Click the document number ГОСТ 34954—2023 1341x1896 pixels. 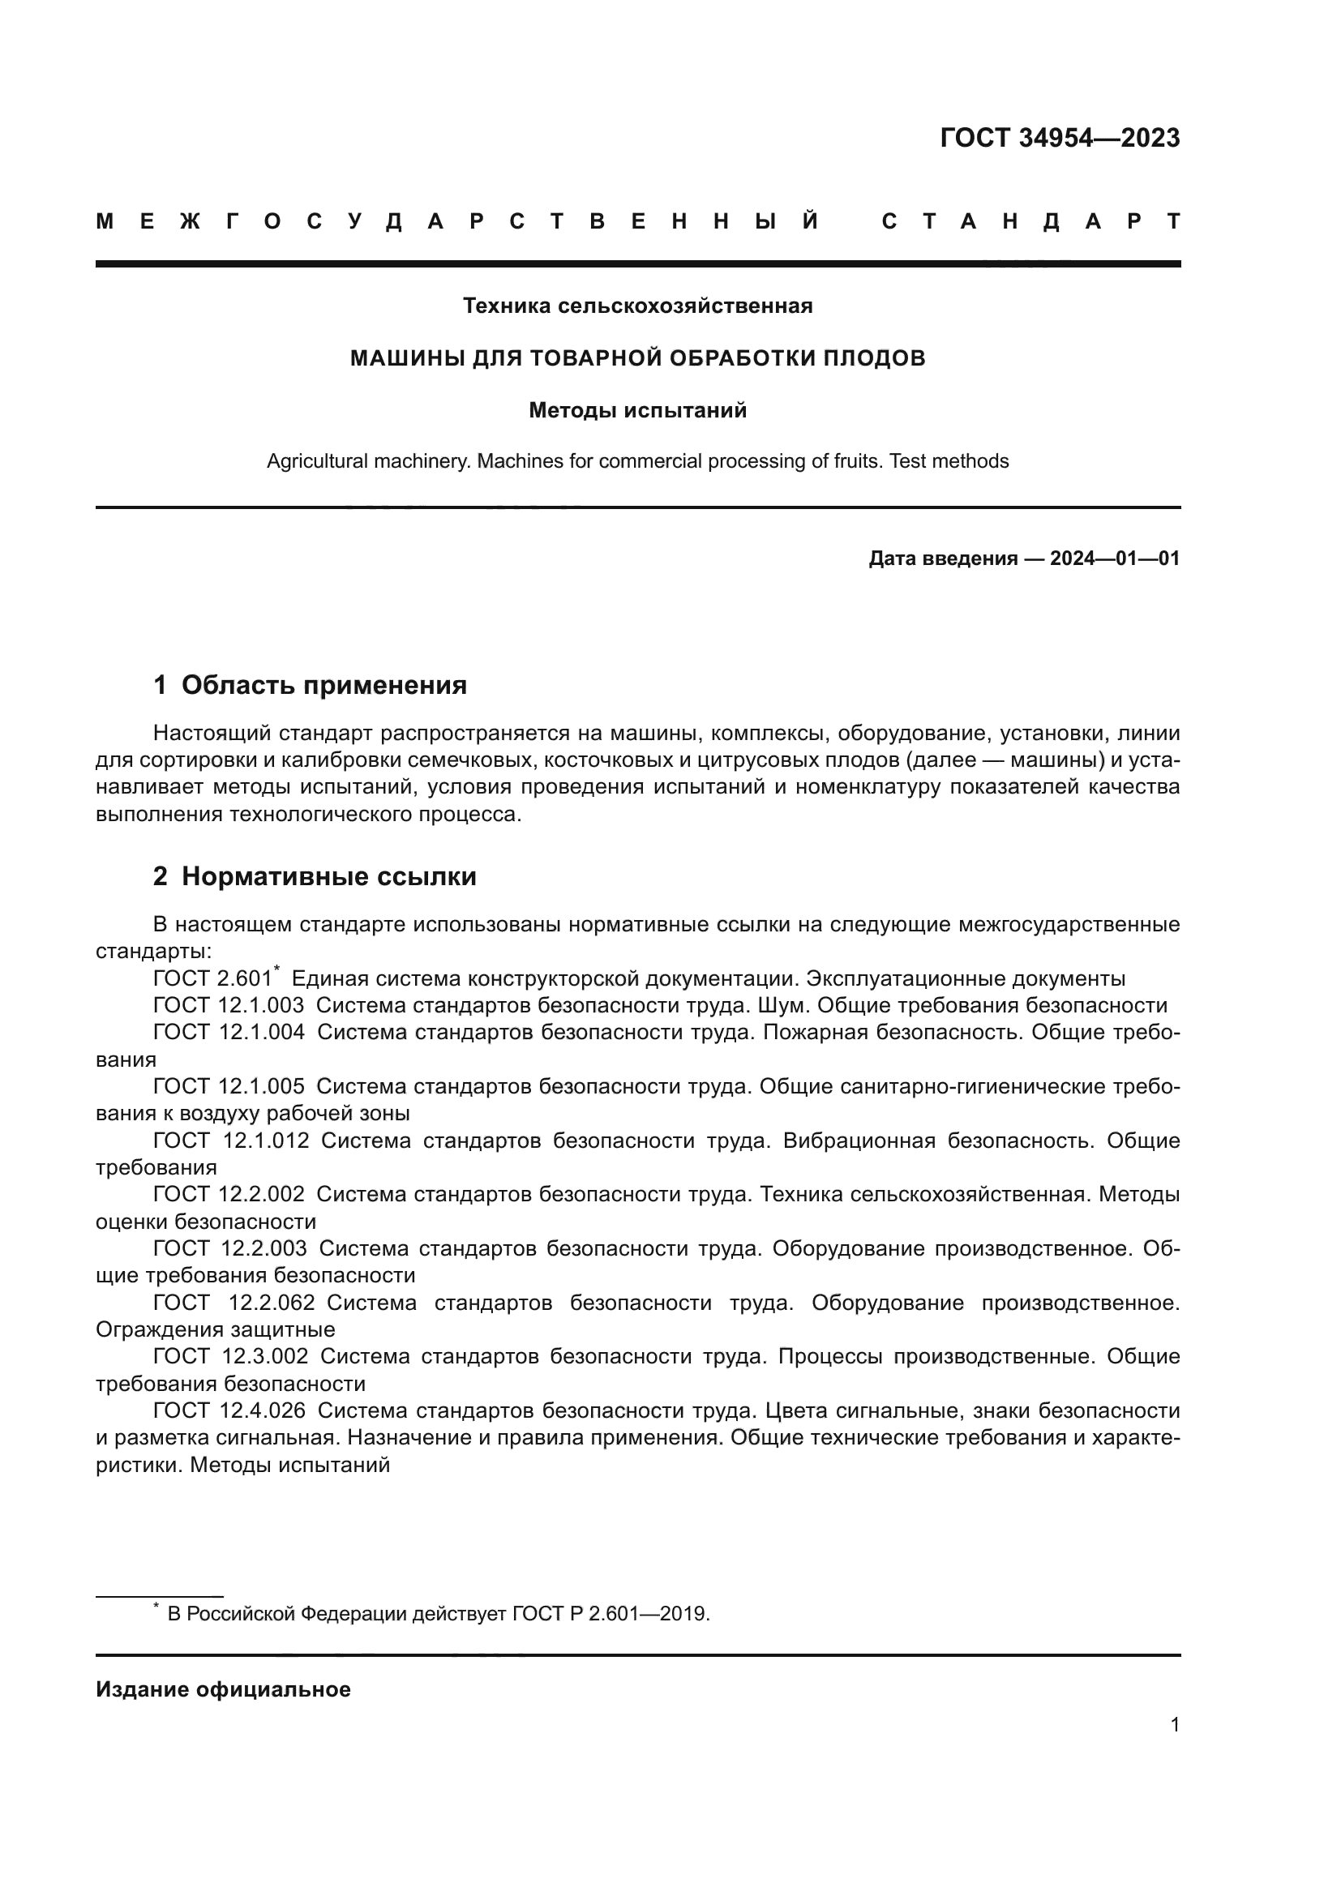tap(1060, 138)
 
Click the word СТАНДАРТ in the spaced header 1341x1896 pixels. tap(1030, 222)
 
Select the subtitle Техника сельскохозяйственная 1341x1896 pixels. tap(637, 306)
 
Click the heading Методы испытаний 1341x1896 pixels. tap(637, 410)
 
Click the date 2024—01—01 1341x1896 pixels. tap(1114, 559)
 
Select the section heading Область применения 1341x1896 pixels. tap(323, 686)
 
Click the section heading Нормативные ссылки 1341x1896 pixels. tap(328, 877)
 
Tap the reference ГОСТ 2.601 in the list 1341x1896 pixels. tap(212, 979)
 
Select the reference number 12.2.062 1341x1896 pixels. tap(272, 1303)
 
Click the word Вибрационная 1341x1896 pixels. tap(859, 1141)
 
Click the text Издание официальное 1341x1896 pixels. tap(223, 1689)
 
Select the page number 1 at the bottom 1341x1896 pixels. tap(1174, 1725)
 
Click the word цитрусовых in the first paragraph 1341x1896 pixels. tap(760, 760)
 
